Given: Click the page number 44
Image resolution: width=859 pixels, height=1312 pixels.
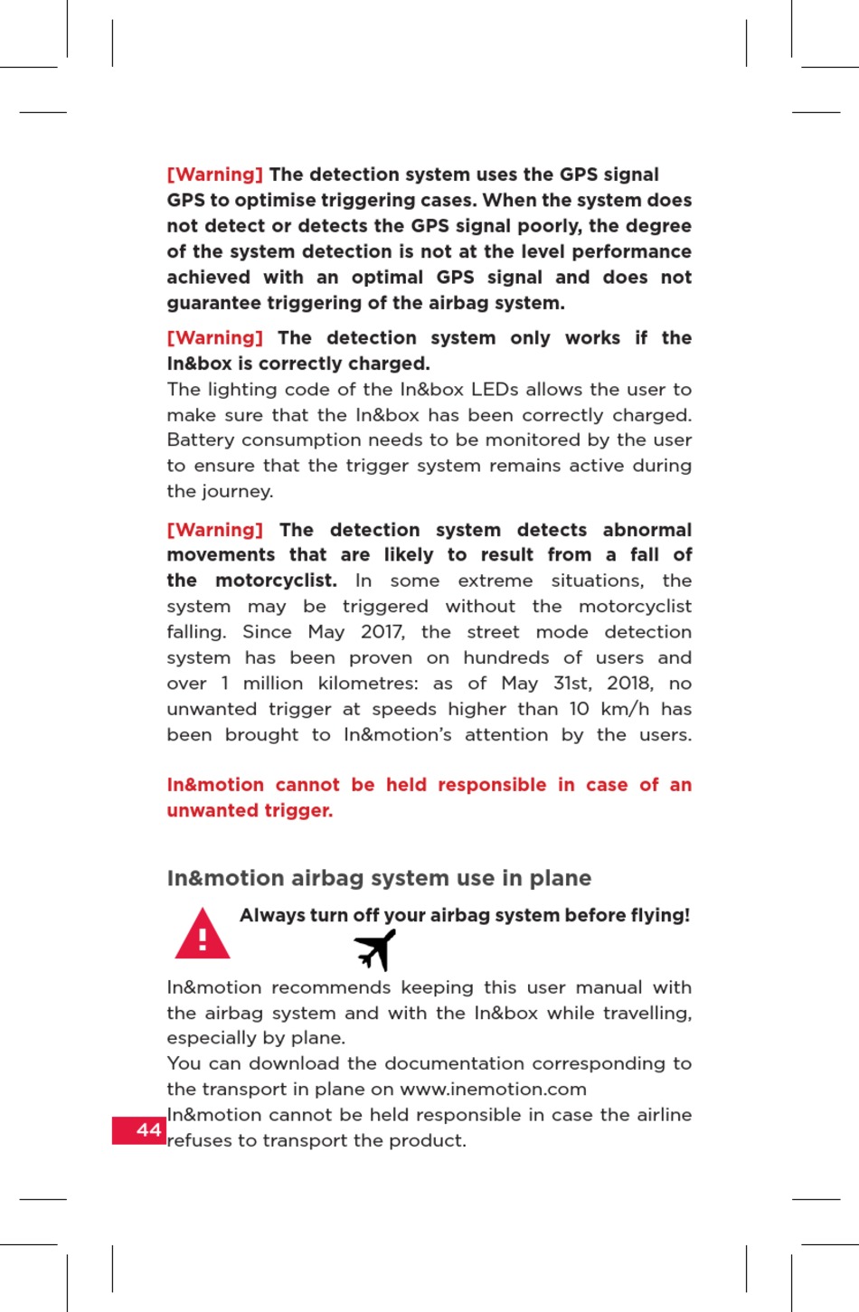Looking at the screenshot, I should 148,1130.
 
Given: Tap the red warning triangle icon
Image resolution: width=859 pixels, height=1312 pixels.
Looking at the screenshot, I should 202,934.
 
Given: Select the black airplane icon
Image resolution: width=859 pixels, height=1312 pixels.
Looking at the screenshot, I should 375,950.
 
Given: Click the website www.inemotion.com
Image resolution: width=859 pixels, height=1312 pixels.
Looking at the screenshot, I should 493,1090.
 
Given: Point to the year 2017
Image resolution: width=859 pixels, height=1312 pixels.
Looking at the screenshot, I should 382,632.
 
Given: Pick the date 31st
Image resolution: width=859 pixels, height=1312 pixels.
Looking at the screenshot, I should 571,684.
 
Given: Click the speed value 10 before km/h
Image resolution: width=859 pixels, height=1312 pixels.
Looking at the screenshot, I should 580,709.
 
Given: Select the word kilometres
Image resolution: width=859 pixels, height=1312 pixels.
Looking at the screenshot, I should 368,684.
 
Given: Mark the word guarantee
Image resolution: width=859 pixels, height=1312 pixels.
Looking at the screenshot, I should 211,303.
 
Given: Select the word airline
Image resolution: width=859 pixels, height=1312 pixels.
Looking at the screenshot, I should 663,1115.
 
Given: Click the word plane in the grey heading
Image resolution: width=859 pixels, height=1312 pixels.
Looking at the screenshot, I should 560,878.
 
